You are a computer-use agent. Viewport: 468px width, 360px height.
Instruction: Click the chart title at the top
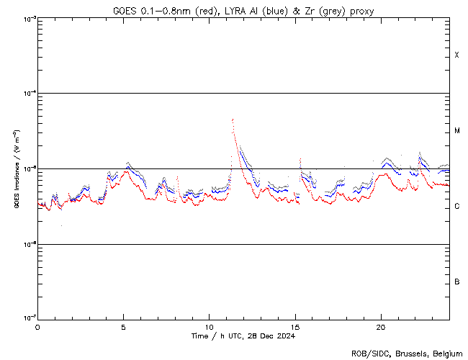point(243,11)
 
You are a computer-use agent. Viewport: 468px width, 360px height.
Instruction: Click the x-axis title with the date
point(243,336)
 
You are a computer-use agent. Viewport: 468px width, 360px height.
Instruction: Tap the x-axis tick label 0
point(37,326)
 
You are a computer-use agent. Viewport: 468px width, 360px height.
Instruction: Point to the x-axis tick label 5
point(123,326)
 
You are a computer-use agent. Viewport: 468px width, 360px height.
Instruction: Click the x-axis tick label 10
point(209,326)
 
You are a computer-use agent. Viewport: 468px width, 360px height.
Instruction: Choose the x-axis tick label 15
point(294,326)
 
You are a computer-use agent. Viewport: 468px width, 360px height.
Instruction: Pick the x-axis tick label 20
point(380,326)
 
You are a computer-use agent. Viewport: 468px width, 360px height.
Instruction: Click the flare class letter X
point(457,55)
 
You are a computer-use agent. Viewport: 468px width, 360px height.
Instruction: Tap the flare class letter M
point(457,131)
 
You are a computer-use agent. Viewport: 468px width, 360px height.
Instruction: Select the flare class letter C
point(457,207)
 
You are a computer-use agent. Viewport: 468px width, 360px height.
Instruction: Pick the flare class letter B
point(457,282)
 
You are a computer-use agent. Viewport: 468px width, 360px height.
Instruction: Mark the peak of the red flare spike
point(233,120)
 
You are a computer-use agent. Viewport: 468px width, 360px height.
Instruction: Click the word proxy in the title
point(361,11)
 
